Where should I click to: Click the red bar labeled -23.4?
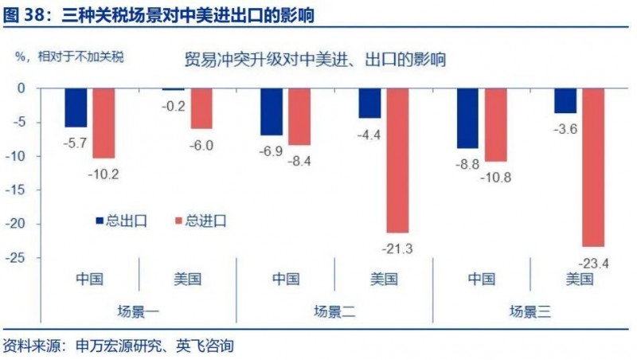[593, 167]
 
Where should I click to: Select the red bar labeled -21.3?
[397, 160]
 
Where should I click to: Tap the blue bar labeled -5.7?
[76, 108]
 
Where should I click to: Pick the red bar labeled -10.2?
[104, 123]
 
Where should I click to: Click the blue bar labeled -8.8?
[467, 118]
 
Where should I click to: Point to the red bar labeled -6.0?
[201, 108]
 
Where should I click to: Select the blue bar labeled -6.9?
[272, 112]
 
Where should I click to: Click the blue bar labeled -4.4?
[369, 104]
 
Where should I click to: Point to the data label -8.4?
[299, 162]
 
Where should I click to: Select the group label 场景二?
[334, 312]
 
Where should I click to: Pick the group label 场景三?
[530, 312]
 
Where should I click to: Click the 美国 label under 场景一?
[188, 279]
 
